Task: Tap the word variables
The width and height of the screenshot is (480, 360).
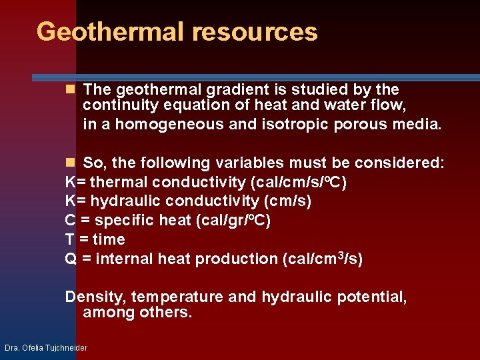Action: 247,163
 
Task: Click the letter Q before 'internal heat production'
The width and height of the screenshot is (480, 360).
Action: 70,259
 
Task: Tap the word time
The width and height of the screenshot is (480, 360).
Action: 109,239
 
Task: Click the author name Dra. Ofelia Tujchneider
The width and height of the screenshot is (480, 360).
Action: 46,347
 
